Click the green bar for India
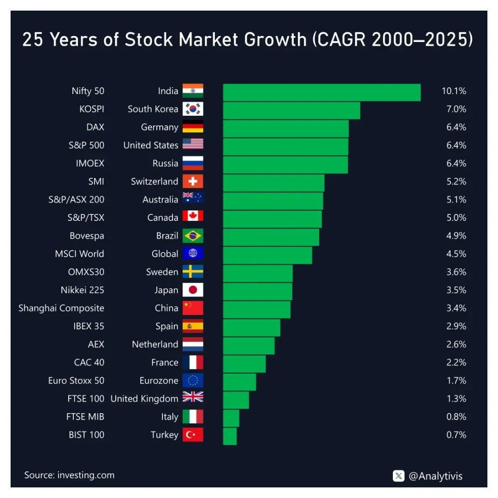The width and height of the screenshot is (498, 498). [x=321, y=92]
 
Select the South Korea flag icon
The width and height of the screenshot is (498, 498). [x=193, y=109]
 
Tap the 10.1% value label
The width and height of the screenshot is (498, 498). [x=454, y=91]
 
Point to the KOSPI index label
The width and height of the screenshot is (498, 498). [x=92, y=109]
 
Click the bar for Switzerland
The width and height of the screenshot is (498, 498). [x=273, y=183]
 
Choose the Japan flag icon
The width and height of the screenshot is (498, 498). [x=193, y=290]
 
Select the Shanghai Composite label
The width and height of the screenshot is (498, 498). [x=61, y=308]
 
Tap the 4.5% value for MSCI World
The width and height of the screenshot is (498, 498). [x=456, y=254]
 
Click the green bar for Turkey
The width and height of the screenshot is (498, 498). [x=230, y=436]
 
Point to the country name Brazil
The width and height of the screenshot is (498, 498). [x=167, y=236]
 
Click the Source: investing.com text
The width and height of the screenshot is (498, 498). [x=69, y=475]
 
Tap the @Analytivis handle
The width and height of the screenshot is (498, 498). [x=435, y=476]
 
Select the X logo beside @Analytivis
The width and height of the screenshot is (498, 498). [x=399, y=476]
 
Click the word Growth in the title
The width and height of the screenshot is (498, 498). [x=276, y=40]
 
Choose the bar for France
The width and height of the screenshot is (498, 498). [x=244, y=364]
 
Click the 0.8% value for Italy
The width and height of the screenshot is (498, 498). [x=456, y=417]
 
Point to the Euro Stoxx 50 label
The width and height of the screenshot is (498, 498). [x=76, y=380]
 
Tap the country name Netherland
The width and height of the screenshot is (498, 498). [x=155, y=344]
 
